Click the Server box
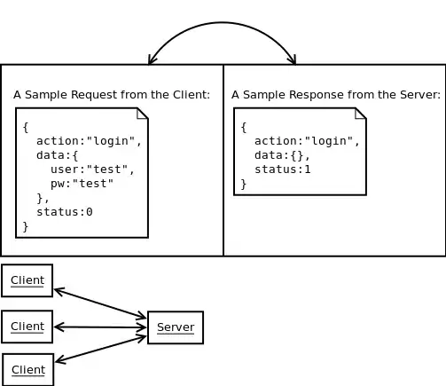tap(176, 327)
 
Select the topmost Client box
tap(27, 280)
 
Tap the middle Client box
tap(27, 327)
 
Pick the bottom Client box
tap(28, 369)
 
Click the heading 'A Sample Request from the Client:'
tap(112, 95)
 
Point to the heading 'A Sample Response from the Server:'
tap(335, 95)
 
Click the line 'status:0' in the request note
tap(64, 212)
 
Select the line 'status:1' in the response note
tap(282, 169)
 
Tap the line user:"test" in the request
tap(92, 169)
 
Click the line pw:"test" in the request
tap(82, 184)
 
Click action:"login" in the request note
tap(89, 141)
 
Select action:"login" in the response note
tap(307, 141)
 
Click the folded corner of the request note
tap(142, 113)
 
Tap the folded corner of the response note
tap(360, 113)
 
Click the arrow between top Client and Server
tap(100, 303)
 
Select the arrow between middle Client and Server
tap(100, 327)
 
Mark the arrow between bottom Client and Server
tap(100, 349)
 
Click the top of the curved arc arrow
tap(222, 23)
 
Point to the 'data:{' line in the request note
tap(57, 155)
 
